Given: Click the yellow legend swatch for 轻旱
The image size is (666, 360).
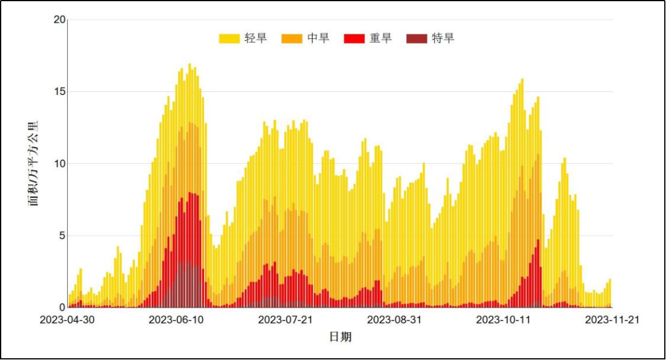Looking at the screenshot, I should tap(229, 39).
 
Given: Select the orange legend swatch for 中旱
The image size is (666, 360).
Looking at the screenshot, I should tap(292, 39).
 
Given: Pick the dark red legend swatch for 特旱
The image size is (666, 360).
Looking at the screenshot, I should tap(417, 39).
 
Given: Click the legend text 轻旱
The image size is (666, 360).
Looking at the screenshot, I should tap(256, 38).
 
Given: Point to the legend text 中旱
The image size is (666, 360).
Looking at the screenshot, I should tap(318, 38).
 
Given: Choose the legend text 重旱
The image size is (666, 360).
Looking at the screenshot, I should tap(380, 38).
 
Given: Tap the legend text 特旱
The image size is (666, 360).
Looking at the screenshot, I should tap(443, 38).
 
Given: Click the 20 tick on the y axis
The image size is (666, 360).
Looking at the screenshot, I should tap(59, 20).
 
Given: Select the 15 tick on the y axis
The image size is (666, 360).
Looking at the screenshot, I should tap(59, 92).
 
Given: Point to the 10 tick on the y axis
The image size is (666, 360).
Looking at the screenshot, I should tap(59, 164).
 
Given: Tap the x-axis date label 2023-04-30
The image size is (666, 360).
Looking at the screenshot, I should tap(68, 320).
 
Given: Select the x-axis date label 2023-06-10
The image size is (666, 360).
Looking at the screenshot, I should tap(177, 320).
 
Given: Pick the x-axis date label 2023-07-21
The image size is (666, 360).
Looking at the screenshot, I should tap(286, 320).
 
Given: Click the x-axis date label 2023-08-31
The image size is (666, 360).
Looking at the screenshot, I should tap(395, 320).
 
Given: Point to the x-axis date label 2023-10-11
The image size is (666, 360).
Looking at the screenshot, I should tap(504, 320).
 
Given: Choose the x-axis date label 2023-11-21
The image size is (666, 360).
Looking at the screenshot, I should tap(612, 320).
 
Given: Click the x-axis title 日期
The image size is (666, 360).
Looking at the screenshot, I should tap(340, 337).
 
